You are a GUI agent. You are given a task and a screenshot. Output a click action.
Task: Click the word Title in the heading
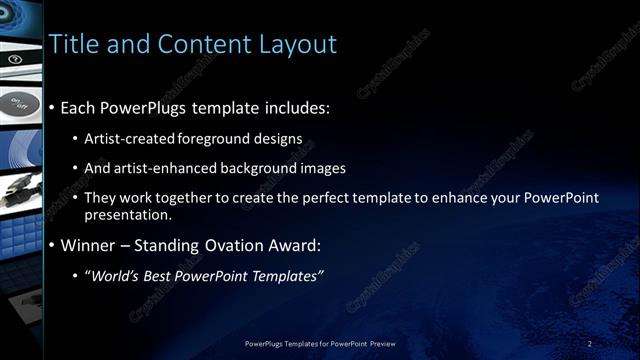pyautogui.click(x=75, y=44)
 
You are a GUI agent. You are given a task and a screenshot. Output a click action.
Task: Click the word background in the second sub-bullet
pyautogui.click(x=255, y=167)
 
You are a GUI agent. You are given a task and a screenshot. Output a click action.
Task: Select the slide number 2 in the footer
pyautogui.click(x=590, y=344)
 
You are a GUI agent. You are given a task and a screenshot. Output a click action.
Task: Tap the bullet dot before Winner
pyautogui.click(x=52, y=246)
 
